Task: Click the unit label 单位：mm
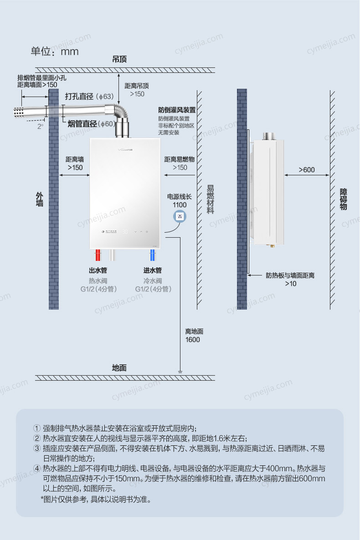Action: click(x=55, y=51)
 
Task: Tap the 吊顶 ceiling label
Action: click(x=119, y=59)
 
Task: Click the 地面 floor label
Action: click(x=119, y=368)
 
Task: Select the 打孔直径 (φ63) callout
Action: click(x=89, y=97)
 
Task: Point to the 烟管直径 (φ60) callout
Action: click(x=92, y=124)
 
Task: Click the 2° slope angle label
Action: click(x=41, y=127)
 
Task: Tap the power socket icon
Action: click(x=180, y=216)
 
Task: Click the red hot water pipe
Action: click(x=98, y=255)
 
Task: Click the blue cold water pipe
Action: click(x=152, y=255)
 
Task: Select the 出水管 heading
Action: click(x=98, y=270)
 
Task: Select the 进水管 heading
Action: click(x=153, y=270)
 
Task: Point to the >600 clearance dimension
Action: click(x=307, y=170)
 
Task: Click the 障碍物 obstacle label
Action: click(x=344, y=199)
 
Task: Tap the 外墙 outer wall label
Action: click(x=40, y=199)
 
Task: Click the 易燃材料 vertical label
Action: click(x=210, y=199)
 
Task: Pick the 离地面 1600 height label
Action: click(x=193, y=336)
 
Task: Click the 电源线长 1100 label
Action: click(x=180, y=201)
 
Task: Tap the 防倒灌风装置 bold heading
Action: click(x=177, y=110)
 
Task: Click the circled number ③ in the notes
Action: click(x=37, y=448)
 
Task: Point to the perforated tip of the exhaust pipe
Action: click(x=19, y=112)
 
